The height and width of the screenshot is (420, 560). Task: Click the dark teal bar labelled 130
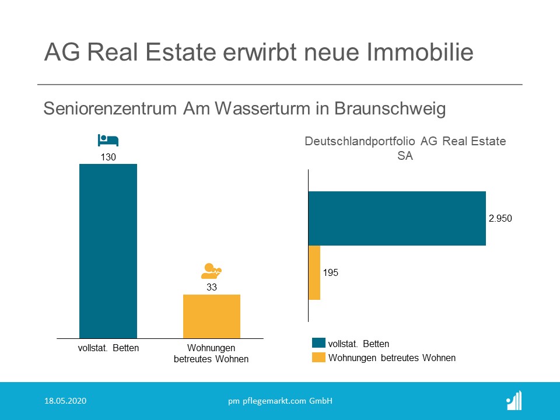pyautogui.click(x=108, y=251)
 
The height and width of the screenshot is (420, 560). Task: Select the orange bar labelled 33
pyautogui.click(x=212, y=316)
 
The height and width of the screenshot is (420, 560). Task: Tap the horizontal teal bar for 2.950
pyautogui.click(x=397, y=219)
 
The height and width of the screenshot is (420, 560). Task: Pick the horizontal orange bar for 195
pyautogui.click(x=314, y=273)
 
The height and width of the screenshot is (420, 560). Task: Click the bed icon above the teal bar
pyautogui.click(x=108, y=141)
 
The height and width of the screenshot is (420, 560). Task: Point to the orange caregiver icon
pyautogui.click(x=211, y=271)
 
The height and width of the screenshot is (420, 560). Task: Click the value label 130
pyautogui.click(x=108, y=157)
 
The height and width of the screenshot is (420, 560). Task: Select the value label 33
pyautogui.click(x=212, y=287)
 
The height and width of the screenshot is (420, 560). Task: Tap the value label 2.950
pyautogui.click(x=500, y=218)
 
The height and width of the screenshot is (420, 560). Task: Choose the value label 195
pyautogui.click(x=330, y=273)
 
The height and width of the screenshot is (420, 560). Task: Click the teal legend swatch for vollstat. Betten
pyautogui.click(x=318, y=343)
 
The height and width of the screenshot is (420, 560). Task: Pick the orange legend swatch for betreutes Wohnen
pyautogui.click(x=318, y=358)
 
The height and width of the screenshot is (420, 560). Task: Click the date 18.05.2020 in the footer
pyautogui.click(x=65, y=401)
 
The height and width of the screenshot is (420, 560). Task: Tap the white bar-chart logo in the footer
pyautogui.click(x=514, y=400)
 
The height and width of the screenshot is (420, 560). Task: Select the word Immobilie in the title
pyautogui.click(x=420, y=52)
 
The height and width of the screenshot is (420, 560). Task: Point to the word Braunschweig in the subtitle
pyautogui.click(x=390, y=108)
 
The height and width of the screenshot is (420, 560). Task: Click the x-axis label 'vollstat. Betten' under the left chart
pyautogui.click(x=108, y=348)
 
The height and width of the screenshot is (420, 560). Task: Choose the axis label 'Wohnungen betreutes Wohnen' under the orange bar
pyautogui.click(x=211, y=353)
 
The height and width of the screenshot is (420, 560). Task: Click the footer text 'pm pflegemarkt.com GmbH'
pyautogui.click(x=281, y=401)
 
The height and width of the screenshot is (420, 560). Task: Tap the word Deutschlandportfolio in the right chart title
pyautogui.click(x=360, y=141)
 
